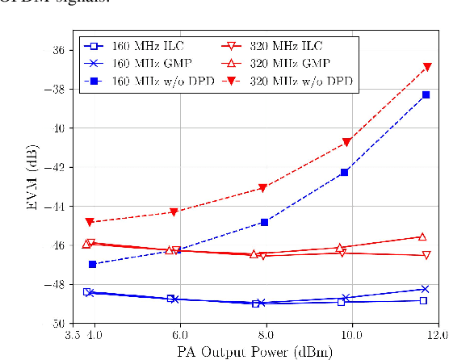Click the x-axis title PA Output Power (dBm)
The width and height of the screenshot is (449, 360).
click(257, 351)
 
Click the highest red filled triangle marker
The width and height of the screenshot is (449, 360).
click(426, 67)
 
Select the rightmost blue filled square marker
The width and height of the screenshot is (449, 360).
click(426, 95)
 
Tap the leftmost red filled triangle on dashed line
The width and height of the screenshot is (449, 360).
click(90, 222)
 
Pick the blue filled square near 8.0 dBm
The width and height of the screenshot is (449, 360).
click(264, 222)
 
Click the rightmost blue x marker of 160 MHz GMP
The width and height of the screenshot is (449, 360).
click(426, 289)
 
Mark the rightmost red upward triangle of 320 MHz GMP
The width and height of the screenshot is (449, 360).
click(422, 237)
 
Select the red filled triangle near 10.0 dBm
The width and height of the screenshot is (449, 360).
click(346, 142)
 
